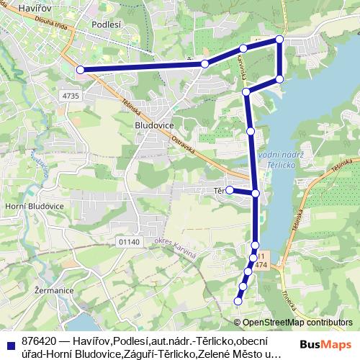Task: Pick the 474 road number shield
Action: [261, 266]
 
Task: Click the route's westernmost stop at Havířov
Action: [81, 70]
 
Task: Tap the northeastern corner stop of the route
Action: [279, 39]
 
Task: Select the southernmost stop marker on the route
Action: [238, 301]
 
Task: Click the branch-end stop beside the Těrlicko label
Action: [230, 190]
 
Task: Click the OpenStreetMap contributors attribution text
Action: [297, 323]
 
